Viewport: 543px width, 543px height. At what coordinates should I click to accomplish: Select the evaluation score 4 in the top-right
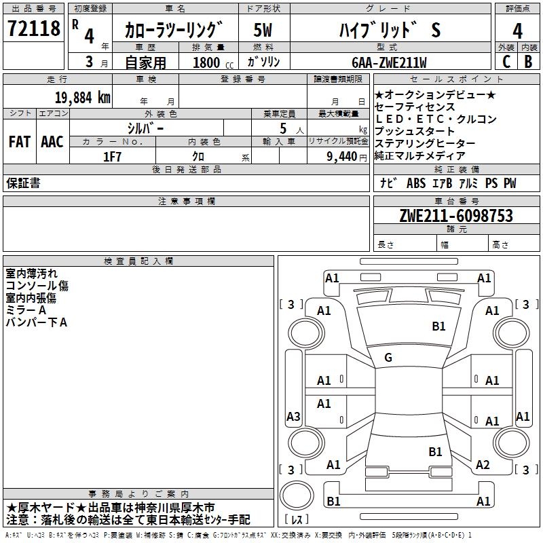(517, 31)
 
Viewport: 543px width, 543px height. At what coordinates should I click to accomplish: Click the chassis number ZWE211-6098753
(456, 217)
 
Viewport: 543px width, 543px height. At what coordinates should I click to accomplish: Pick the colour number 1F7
(112, 156)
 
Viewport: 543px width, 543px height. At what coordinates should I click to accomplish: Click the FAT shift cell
(19, 142)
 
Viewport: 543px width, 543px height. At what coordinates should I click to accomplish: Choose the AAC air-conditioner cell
(52, 142)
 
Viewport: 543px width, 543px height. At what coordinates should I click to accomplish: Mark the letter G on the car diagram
(388, 358)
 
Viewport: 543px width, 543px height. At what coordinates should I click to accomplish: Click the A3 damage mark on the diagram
(293, 417)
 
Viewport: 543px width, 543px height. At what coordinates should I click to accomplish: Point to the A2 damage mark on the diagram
(483, 465)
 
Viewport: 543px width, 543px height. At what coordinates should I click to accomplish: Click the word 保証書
(23, 183)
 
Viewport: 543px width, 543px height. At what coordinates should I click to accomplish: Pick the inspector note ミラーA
(26, 310)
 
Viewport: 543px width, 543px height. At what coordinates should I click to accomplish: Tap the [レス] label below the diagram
(299, 520)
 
